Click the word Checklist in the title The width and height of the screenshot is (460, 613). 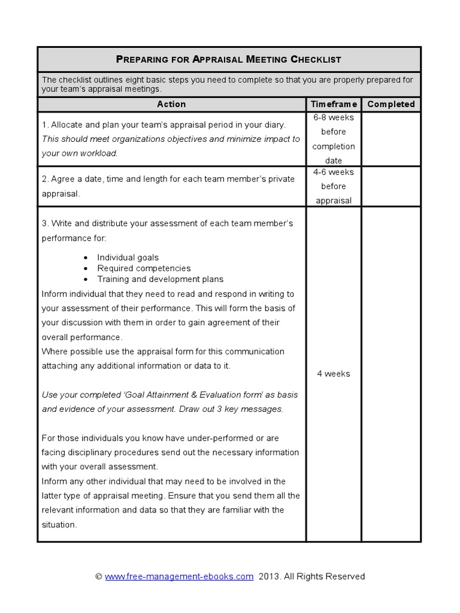316,59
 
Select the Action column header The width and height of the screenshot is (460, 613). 171,104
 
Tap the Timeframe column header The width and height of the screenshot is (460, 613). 334,104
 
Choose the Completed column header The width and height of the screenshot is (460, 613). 391,104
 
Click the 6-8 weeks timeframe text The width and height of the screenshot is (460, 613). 334,117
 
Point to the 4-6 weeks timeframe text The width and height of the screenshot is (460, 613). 334,172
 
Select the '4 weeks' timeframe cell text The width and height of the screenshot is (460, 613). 334,374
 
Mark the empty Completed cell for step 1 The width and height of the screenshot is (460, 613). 391,139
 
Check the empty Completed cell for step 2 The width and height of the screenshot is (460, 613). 391,186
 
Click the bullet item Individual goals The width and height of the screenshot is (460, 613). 128,257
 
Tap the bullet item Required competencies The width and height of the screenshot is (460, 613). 144,268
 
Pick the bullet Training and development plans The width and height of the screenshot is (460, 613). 160,279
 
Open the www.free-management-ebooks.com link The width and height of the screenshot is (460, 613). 179,576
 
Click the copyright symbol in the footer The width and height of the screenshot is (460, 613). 99,576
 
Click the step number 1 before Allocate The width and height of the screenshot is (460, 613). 44,125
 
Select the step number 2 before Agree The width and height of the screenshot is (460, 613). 44,179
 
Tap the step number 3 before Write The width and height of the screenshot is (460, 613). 44,223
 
